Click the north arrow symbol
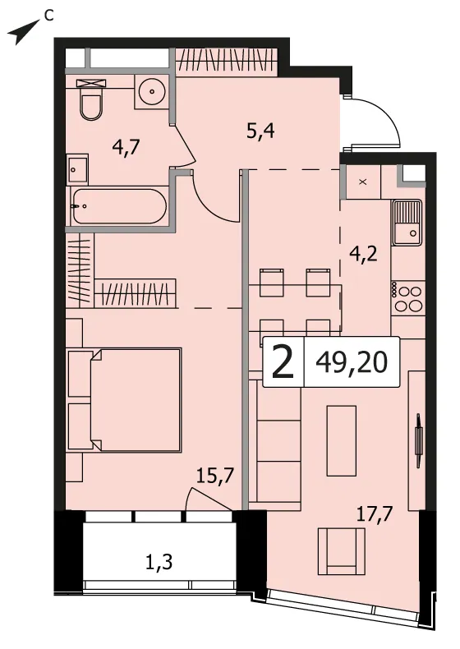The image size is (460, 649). [x=23, y=33]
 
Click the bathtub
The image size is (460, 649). [x=119, y=206]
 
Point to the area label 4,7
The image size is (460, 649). [x=126, y=147]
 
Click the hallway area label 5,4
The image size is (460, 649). [x=260, y=131]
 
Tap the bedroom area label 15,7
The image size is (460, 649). [x=215, y=476]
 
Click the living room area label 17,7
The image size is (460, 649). [x=375, y=514]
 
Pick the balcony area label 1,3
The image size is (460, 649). [x=159, y=562]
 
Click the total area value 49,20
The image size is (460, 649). [x=352, y=362]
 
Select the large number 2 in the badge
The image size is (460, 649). [x=283, y=362]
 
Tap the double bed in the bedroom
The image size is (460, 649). [x=124, y=400]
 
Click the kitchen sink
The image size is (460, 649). [x=407, y=223]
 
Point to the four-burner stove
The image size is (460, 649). [x=407, y=297]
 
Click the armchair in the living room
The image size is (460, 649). [x=342, y=551]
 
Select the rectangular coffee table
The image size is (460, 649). [x=342, y=440]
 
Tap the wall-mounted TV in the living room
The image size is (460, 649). [x=418, y=435]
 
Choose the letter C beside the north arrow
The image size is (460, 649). [x=48, y=16]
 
